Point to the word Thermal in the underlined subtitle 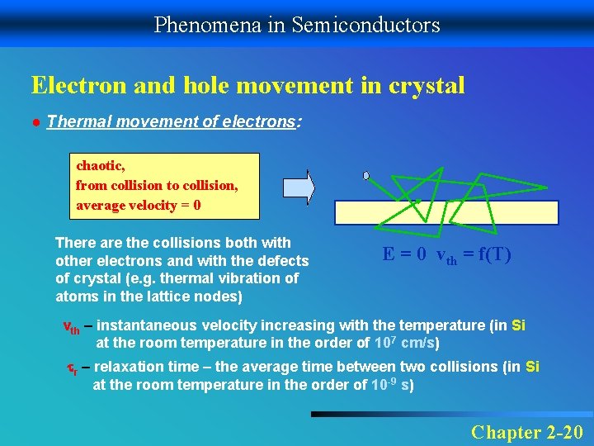pyautogui.click(x=74, y=122)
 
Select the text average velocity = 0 pyautogui.click(x=138, y=205)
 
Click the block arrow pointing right pyautogui.click(x=299, y=187)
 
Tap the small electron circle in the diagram pyautogui.click(x=366, y=175)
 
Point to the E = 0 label pyautogui.click(x=404, y=254)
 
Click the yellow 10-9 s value pyautogui.click(x=392, y=385)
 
